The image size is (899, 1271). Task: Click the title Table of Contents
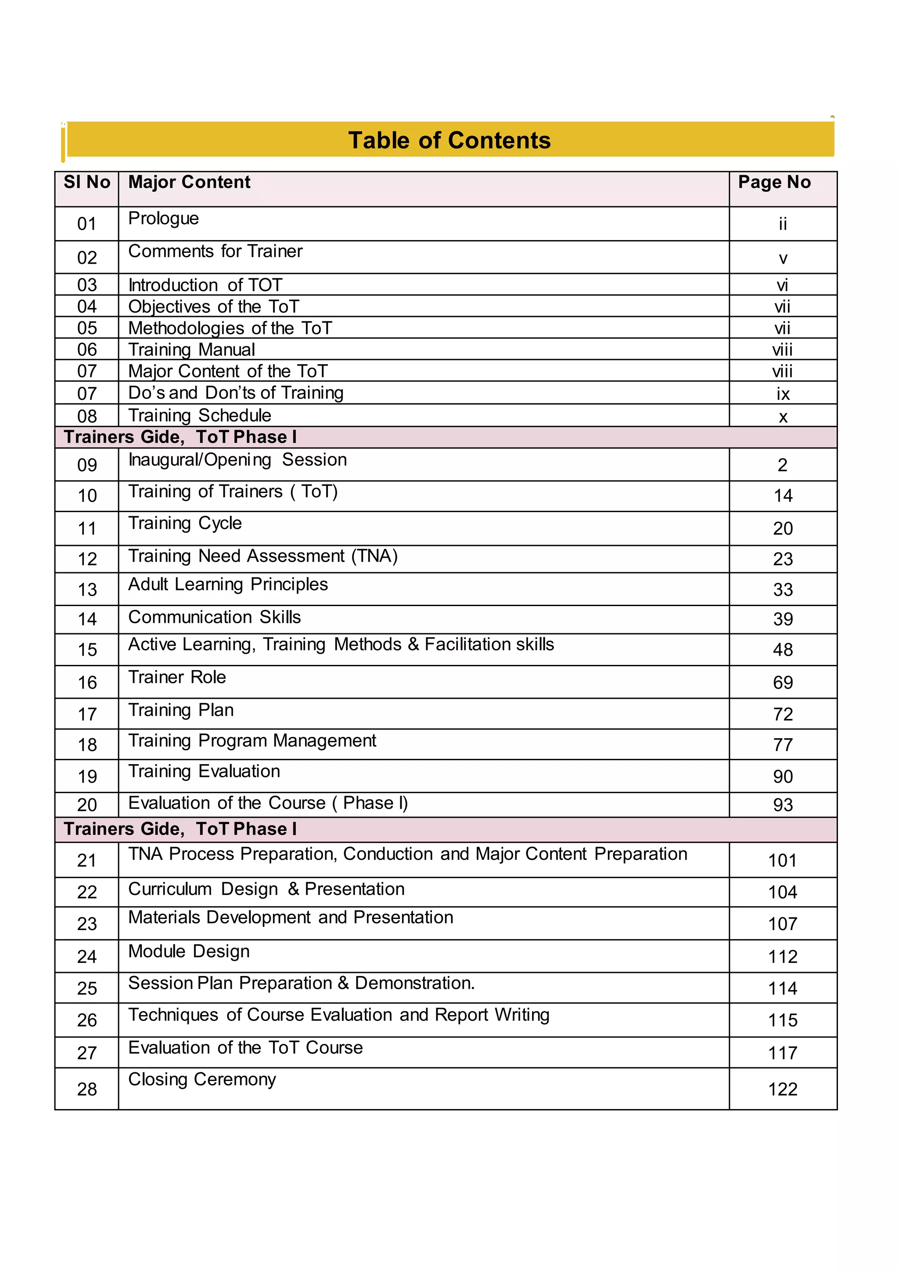[449, 140]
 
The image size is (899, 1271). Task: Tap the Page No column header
[774, 182]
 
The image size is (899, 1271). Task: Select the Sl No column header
[87, 182]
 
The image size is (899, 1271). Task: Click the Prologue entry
[163, 219]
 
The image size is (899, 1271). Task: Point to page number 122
[782, 1089]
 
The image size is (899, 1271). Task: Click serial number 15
[87, 650]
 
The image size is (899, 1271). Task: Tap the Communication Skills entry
[214, 617]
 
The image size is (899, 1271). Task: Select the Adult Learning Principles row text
[228, 584]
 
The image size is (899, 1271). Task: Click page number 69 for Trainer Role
[783, 682]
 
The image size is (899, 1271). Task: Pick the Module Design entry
[189, 951]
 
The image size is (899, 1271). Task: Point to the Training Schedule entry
[200, 415]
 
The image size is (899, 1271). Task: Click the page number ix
[783, 394]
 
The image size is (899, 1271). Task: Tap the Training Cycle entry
[185, 523]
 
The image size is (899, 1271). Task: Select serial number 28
[87, 1089]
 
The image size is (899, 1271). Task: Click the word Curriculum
[170, 889]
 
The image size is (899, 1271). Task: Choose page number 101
[782, 860]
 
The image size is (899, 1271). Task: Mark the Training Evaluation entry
[204, 771]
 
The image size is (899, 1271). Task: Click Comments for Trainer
[216, 251]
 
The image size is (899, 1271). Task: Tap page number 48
[783, 650]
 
